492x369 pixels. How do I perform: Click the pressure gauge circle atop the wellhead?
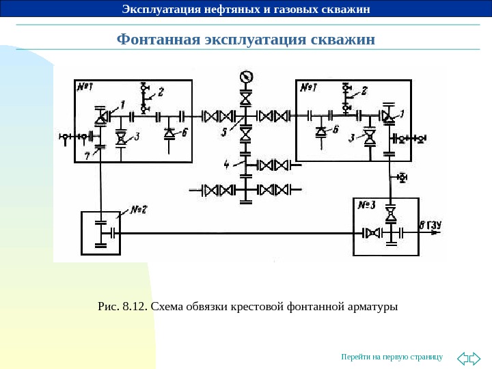[x=245, y=76]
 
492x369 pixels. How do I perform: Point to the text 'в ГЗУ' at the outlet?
[x=431, y=224]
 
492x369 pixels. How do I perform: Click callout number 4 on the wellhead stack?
[x=227, y=164]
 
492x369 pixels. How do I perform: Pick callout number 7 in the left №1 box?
[x=87, y=156]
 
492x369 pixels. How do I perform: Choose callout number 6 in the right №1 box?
[x=335, y=128]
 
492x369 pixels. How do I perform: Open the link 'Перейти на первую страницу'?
[x=392, y=357]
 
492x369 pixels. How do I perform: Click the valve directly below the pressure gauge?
[x=245, y=98]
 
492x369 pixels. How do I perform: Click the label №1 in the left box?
[x=85, y=87]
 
